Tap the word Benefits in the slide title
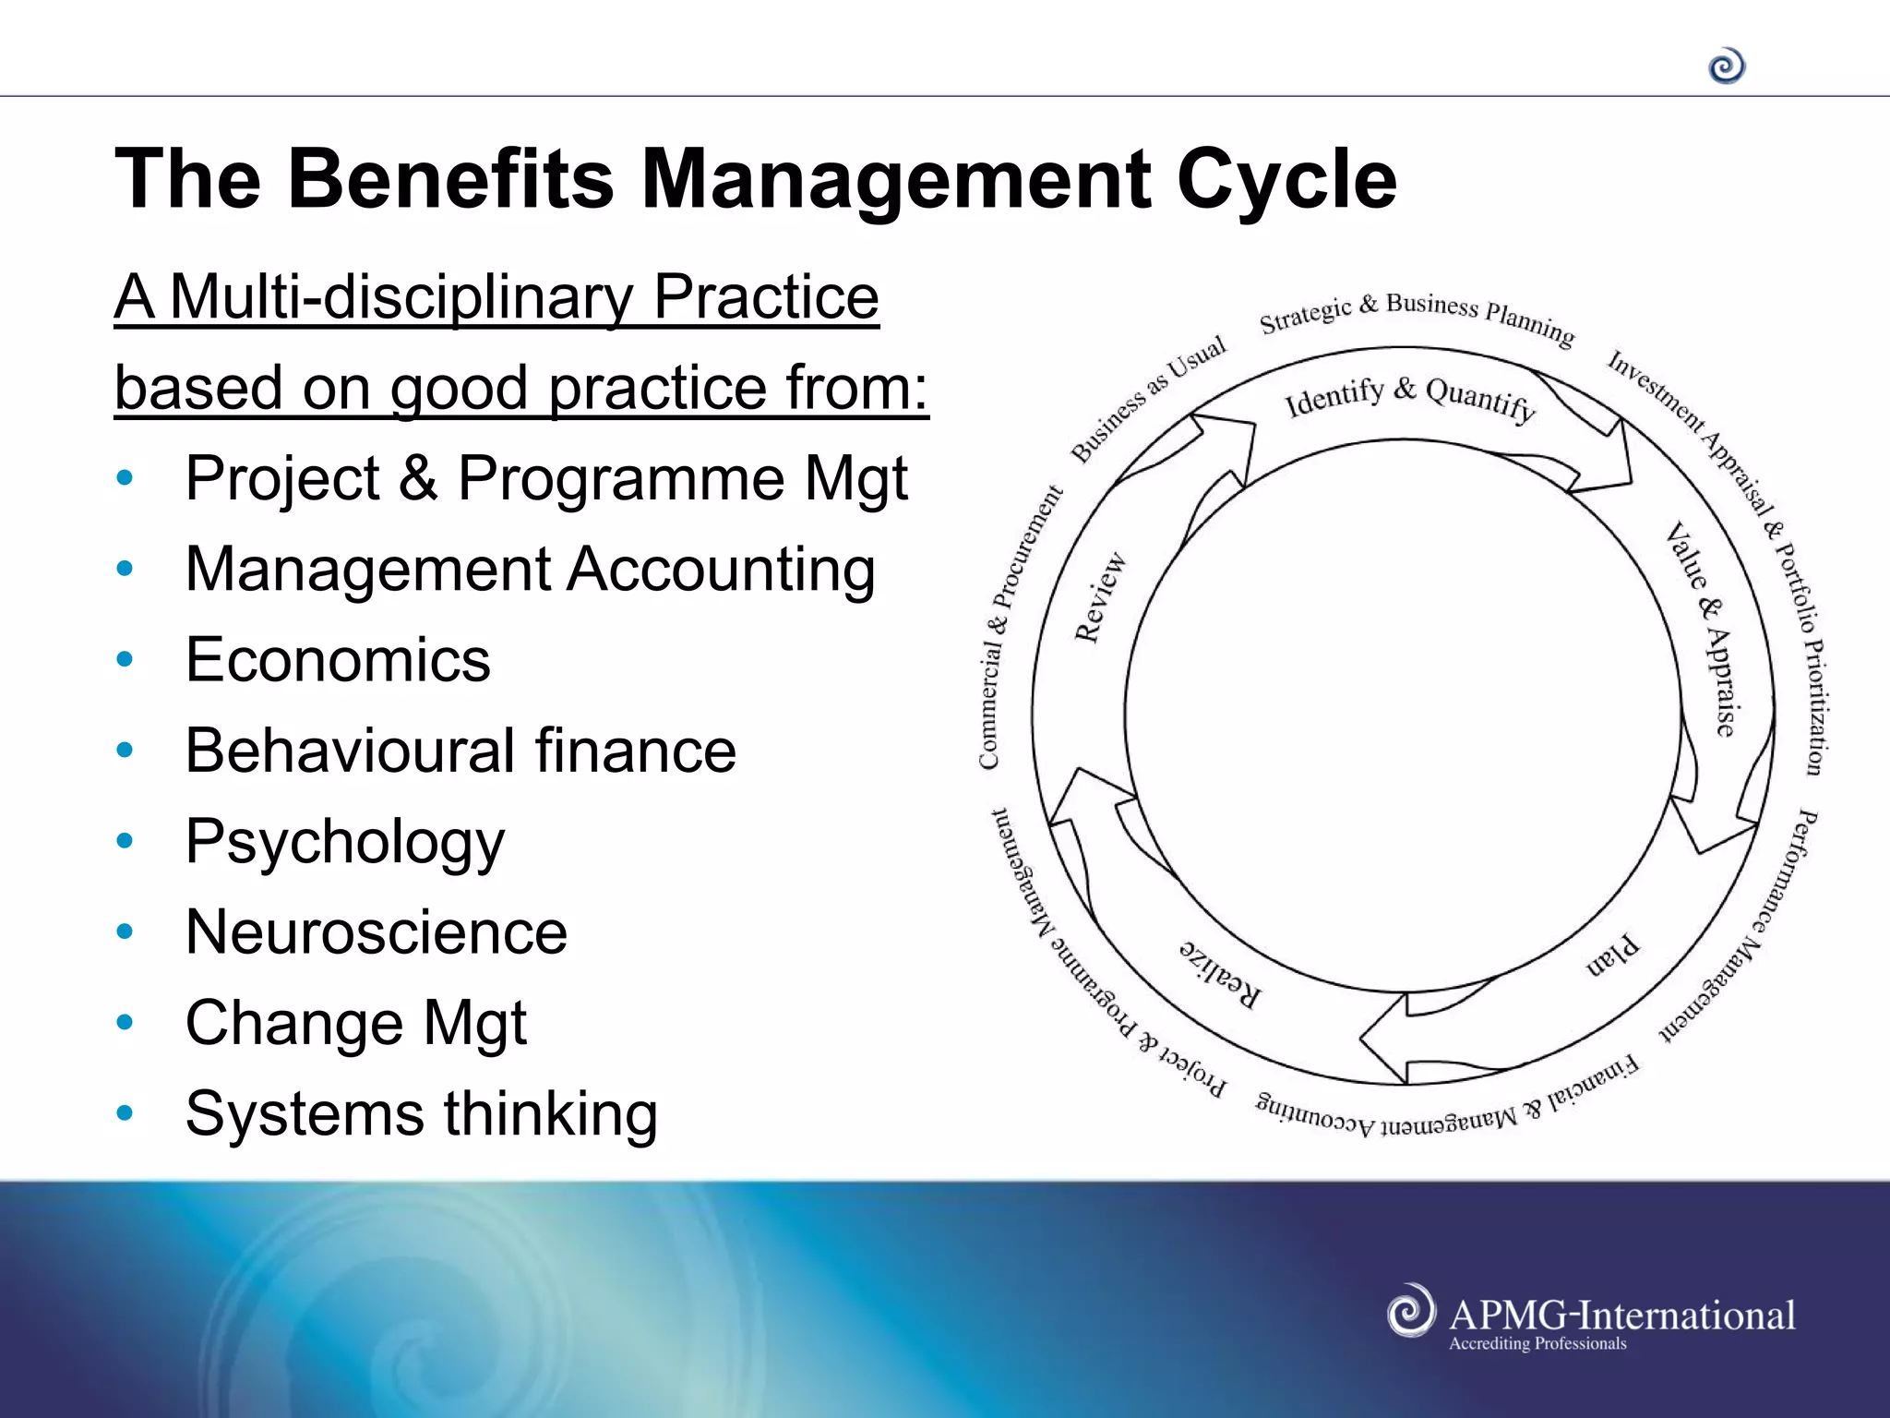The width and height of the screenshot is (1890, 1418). (x=450, y=178)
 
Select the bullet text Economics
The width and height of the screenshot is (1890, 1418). (x=338, y=660)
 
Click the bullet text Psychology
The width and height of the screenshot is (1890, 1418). (x=344, y=841)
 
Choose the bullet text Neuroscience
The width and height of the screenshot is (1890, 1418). (x=376, y=931)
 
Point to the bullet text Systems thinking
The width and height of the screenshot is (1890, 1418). (x=421, y=1113)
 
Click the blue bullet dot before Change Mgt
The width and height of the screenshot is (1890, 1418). (x=126, y=1022)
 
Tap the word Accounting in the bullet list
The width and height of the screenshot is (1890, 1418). (x=721, y=570)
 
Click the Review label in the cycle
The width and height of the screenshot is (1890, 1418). (x=1100, y=597)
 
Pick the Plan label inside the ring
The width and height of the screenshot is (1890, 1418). (x=1612, y=956)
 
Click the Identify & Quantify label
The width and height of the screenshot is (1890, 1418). (x=1409, y=397)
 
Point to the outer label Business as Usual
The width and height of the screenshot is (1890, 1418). (x=1148, y=398)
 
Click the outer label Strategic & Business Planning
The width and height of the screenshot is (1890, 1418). (x=1417, y=314)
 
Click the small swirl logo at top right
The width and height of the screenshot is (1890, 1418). (x=1727, y=66)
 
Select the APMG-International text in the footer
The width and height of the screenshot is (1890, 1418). (x=1621, y=1315)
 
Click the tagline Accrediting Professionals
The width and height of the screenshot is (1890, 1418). (x=1537, y=1344)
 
